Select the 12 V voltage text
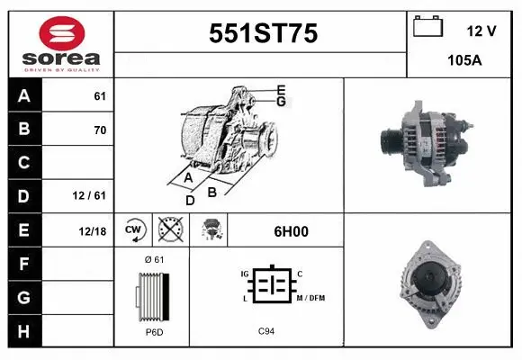[x=481, y=31]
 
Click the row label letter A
[x=23, y=96]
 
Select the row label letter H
[x=23, y=330]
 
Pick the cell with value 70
[x=99, y=130]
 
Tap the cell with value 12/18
[x=93, y=231]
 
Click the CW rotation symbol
[x=135, y=230]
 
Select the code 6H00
[x=291, y=231]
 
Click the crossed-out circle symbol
[x=169, y=230]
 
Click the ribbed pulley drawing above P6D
[x=152, y=294]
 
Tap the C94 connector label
[x=266, y=331]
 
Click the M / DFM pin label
[x=311, y=298]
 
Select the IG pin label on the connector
[x=243, y=272]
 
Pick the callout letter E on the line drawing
[x=281, y=89]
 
